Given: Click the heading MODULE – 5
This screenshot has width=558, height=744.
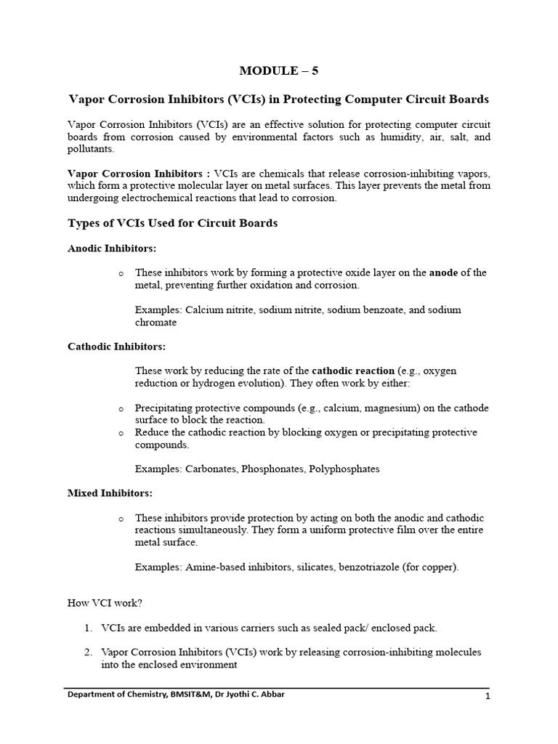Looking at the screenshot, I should coord(279,70).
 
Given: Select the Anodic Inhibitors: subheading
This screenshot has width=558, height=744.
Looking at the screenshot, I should coord(112,248).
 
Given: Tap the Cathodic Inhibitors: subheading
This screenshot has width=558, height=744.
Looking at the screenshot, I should coord(116,347).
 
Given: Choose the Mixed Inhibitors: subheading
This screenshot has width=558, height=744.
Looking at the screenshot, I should coord(110,493).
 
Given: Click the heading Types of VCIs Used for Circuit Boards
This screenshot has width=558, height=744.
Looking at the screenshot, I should coord(172,223).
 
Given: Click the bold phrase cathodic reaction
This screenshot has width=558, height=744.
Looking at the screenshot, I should coord(352,371).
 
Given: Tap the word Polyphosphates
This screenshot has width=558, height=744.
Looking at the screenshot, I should coord(344,469).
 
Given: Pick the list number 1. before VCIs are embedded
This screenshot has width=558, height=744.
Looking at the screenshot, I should coord(89,627).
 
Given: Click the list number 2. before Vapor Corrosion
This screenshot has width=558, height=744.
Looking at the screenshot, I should coord(89,652).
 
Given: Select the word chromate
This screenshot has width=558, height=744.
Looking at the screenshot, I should coord(155,322).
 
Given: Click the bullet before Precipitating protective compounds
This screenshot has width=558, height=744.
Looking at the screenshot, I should coord(121,408).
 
